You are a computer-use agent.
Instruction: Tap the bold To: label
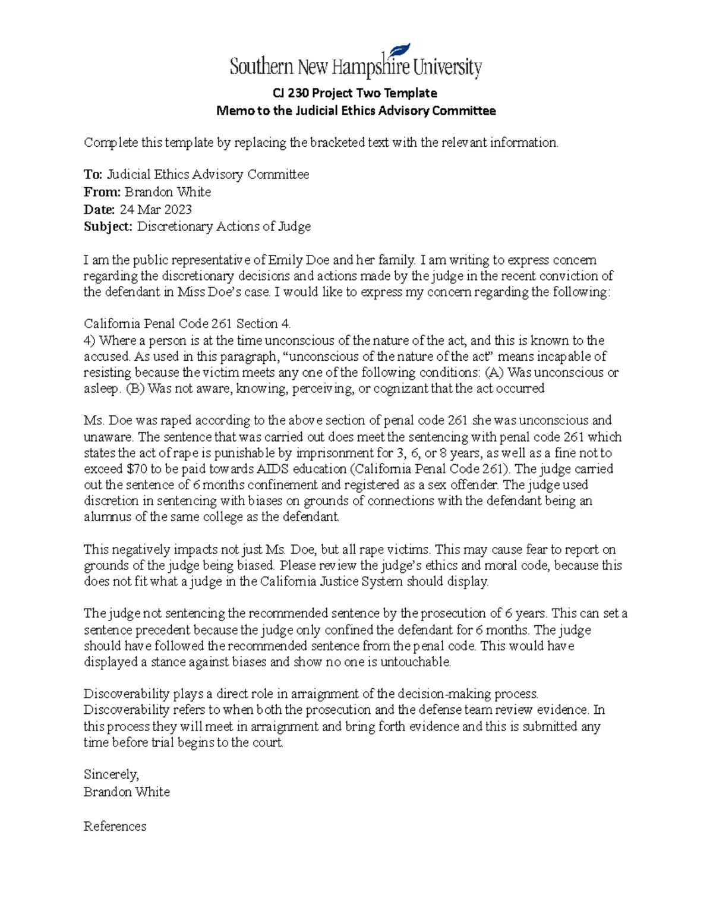pos(93,174)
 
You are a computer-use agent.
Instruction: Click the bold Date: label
pos(99,209)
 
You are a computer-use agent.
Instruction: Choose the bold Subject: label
pos(109,226)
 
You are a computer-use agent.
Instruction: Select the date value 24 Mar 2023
pos(156,209)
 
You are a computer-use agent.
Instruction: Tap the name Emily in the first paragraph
pos(285,260)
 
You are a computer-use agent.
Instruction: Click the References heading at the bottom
pos(115,826)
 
